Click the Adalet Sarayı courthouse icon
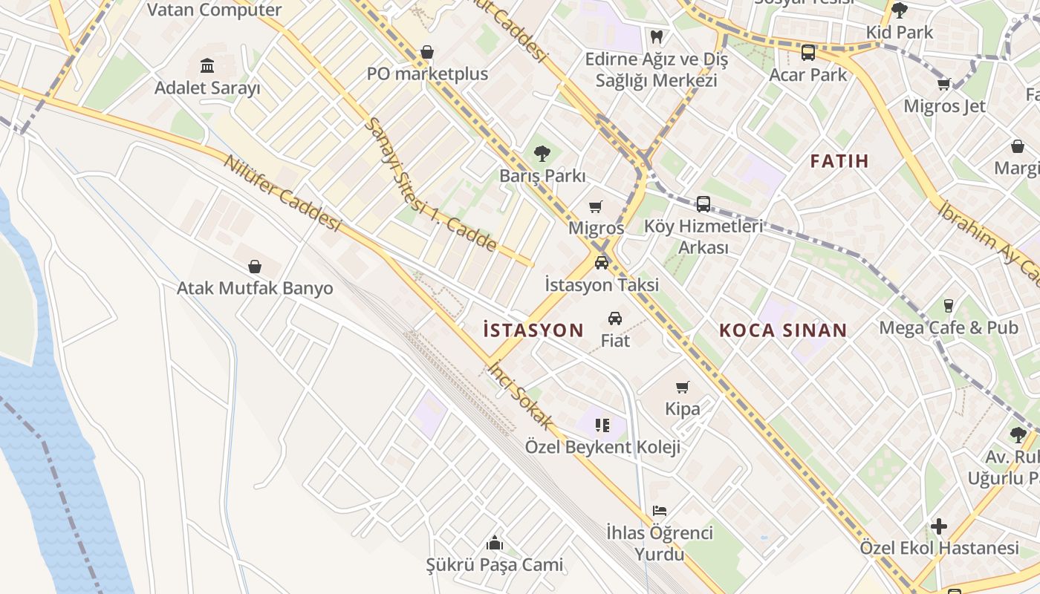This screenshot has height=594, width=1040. pos(207,66)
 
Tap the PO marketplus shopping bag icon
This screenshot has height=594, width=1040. pos(427,52)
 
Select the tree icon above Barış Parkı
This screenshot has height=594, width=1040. pos(542,154)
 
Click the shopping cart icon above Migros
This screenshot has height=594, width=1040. pos(596,206)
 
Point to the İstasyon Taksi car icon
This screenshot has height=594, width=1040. pos(602,262)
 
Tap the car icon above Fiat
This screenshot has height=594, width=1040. pos(615,319)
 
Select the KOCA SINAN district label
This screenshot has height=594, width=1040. pos(783,330)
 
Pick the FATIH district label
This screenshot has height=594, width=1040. pos(839,161)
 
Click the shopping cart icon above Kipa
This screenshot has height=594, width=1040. pos(683,387)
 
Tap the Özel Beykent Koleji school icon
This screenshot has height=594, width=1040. pos(602,425)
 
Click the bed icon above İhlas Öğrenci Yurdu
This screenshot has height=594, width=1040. pos(660,511)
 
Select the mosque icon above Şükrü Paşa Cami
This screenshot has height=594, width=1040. pos(494,544)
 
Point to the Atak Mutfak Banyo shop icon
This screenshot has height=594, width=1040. pos(255,267)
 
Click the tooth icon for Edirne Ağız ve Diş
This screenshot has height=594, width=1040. pos(656,36)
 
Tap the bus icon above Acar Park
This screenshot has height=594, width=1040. pos(807,53)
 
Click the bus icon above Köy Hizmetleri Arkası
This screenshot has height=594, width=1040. pos(703,203)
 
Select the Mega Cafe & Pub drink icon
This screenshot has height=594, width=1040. pos(948,305)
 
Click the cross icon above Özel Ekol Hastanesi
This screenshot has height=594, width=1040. pos(939,526)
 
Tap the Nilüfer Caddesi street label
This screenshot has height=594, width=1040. pos(282,193)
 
